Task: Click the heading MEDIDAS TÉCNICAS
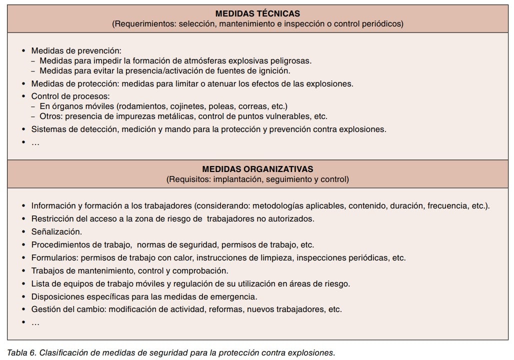(x=257, y=13)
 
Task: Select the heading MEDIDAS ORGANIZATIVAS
(x=257, y=169)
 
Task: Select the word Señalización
(x=56, y=232)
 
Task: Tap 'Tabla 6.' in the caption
(x=21, y=352)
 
